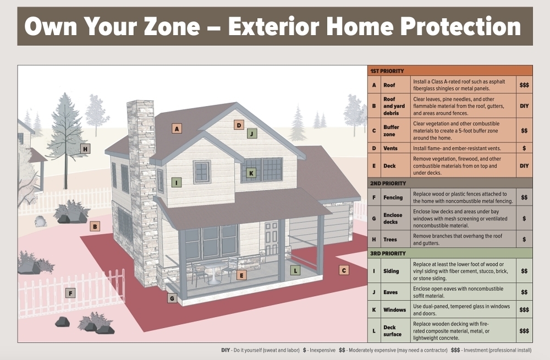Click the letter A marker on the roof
click(x=177, y=129)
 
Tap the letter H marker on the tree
click(x=85, y=149)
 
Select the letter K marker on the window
click(x=251, y=173)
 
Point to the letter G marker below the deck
click(x=172, y=298)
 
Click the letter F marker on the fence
click(x=70, y=293)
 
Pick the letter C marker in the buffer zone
click(x=344, y=270)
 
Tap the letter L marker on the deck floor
click(x=295, y=270)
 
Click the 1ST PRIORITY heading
click(x=387, y=71)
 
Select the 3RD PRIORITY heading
click(x=388, y=253)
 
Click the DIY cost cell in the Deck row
click(x=524, y=166)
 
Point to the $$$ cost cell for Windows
click(x=524, y=309)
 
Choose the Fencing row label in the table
click(x=393, y=197)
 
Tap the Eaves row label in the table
click(x=391, y=292)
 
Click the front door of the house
click(x=271, y=239)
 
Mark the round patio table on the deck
click(x=213, y=273)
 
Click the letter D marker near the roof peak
click(x=239, y=125)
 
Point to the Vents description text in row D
click(x=457, y=148)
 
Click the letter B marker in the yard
click(x=95, y=226)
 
